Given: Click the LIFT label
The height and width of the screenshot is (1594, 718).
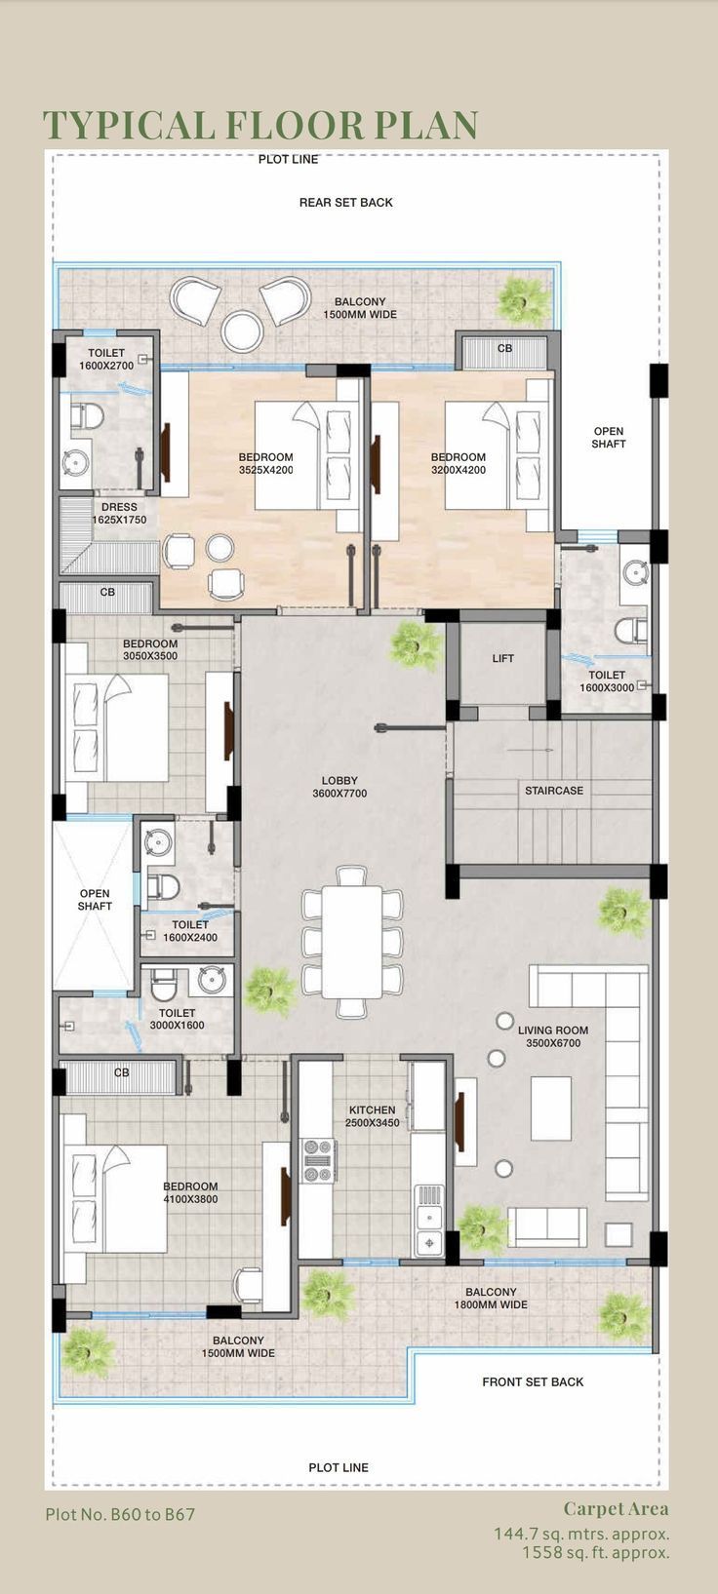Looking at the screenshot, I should pyautogui.click(x=502, y=658).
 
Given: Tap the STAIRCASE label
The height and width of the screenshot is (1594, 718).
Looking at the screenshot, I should pyautogui.click(x=553, y=791).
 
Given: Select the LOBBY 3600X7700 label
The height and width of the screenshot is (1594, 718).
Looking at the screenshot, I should pyautogui.click(x=339, y=787).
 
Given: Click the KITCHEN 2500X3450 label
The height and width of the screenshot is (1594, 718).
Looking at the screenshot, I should pyautogui.click(x=372, y=1116).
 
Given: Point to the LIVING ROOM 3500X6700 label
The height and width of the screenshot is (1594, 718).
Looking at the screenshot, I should pyautogui.click(x=553, y=1036).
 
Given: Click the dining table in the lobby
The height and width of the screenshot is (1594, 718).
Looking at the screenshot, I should pyautogui.click(x=351, y=941).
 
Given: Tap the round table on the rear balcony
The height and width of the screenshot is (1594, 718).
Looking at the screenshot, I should pyautogui.click(x=242, y=330).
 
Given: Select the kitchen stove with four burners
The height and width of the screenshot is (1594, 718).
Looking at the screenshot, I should pyautogui.click(x=319, y=1160).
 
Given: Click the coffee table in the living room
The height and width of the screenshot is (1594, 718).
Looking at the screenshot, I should pyautogui.click(x=551, y=1108).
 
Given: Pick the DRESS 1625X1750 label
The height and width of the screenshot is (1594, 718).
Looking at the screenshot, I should pyautogui.click(x=119, y=514).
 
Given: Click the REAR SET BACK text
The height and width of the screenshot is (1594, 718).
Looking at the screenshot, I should pyautogui.click(x=345, y=203).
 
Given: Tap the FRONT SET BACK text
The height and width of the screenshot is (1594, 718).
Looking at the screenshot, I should pyautogui.click(x=533, y=1381).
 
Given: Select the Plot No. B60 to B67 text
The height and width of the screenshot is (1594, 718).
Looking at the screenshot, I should pyautogui.click(x=120, y=1515).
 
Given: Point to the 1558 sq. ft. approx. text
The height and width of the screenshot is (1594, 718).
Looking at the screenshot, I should pyautogui.click(x=595, y=1552).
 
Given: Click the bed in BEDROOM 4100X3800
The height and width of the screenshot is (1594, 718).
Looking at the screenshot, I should pyautogui.click(x=115, y=1198).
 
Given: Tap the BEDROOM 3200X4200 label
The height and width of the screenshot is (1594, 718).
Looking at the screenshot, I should pyautogui.click(x=458, y=463).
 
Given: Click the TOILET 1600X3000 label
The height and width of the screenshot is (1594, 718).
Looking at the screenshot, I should pyautogui.click(x=606, y=680).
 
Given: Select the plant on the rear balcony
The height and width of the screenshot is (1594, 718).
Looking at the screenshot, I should pyautogui.click(x=523, y=300).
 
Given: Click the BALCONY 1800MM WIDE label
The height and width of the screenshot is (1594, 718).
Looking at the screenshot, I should pyautogui.click(x=491, y=1298).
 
